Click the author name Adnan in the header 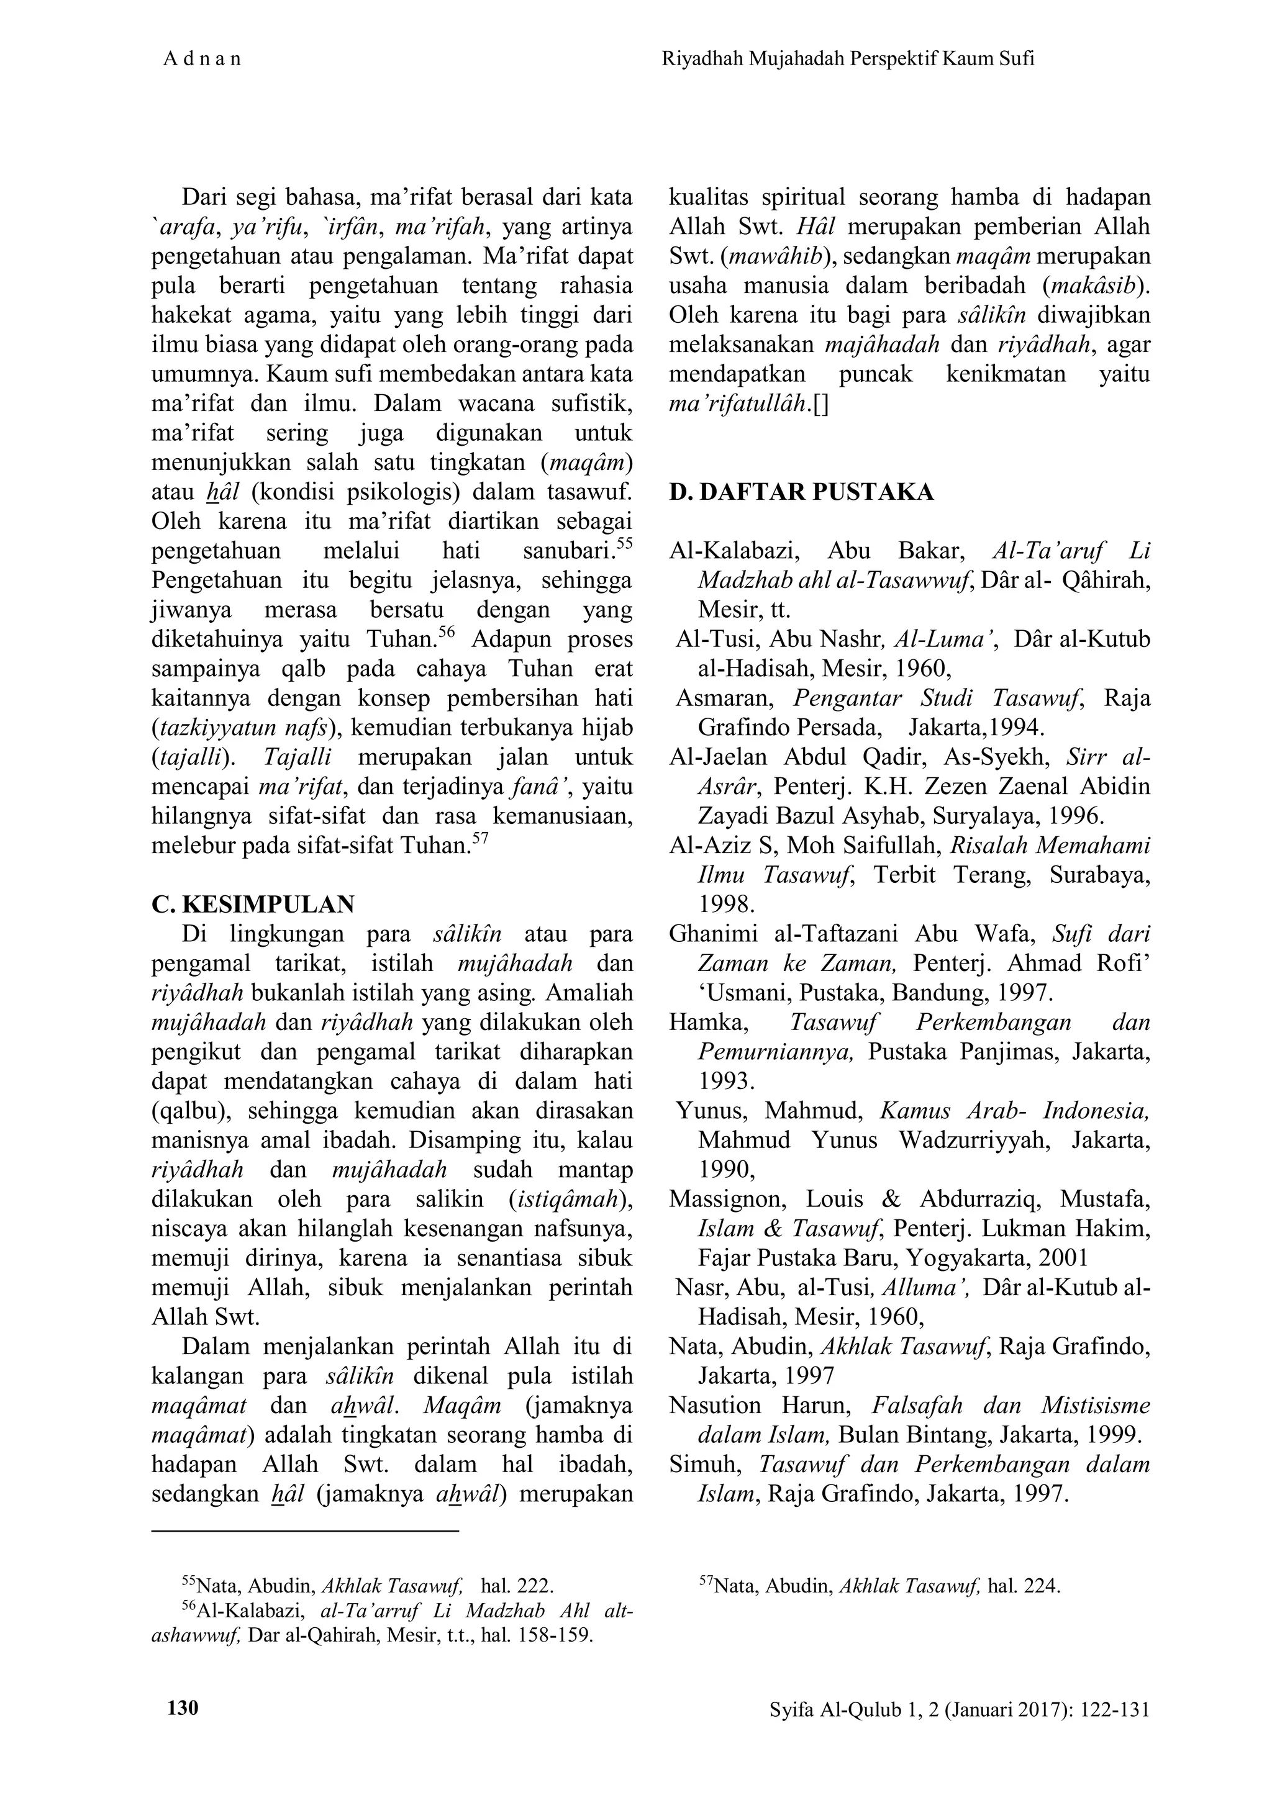pyautogui.click(x=202, y=59)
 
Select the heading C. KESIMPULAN pyautogui.click(x=252, y=905)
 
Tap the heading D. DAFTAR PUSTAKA pyautogui.click(x=801, y=492)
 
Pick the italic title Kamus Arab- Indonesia pyautogui.click(x=1014, y=1111)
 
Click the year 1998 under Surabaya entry pyautogui.click(x=726, y=905)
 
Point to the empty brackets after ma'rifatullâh pyautogui.click(x=820, y=404)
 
